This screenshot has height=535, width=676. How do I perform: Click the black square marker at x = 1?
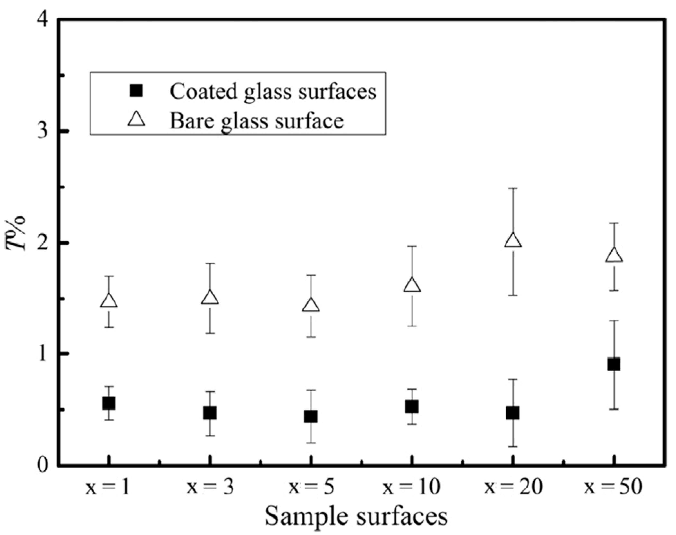[109, 403]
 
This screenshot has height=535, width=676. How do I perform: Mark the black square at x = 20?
[513, 413]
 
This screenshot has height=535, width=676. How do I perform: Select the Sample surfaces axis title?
[356, 517]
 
